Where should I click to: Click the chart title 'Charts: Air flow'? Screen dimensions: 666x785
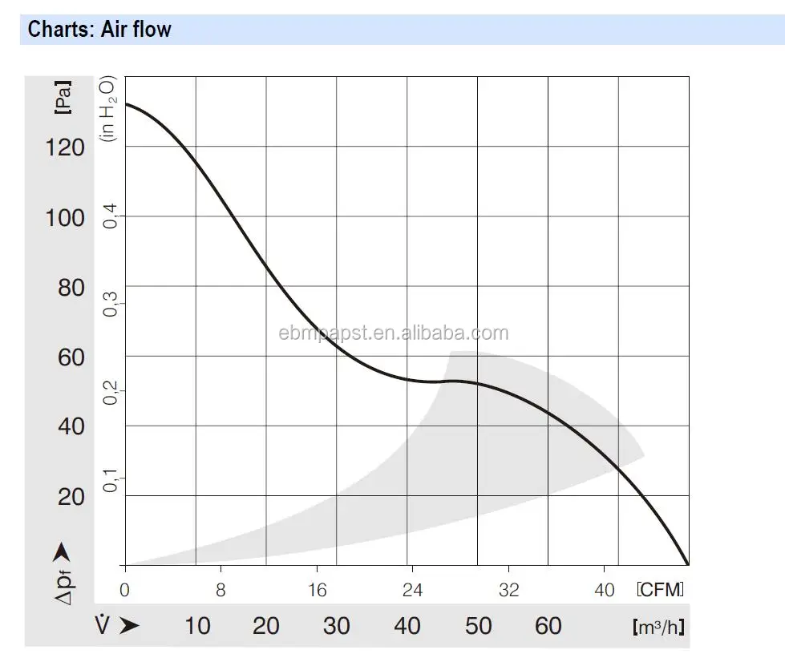(x=99, y=30)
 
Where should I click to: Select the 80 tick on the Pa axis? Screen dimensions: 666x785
(x=71, y=288)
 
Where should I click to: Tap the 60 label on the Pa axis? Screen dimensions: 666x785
(x=71, y=357)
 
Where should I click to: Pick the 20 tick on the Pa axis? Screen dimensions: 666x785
(x=71, y=497)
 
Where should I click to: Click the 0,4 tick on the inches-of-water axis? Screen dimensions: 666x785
(x=110, y=216)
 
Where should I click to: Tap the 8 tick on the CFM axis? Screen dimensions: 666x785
(x=221, y=591)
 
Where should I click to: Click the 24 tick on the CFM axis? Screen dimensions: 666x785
(x=413, y=591)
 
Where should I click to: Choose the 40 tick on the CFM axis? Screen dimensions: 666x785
(x=605, y=591)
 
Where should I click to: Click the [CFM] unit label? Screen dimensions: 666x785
(x=661, y=591)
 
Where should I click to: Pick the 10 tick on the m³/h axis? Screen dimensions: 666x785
(x=197, y=625)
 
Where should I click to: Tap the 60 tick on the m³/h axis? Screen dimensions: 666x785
(x=548, y=625)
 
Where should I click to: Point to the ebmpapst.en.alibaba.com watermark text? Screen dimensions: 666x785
(x=393, y=333)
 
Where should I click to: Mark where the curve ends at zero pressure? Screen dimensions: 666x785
(x=688, y=564)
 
